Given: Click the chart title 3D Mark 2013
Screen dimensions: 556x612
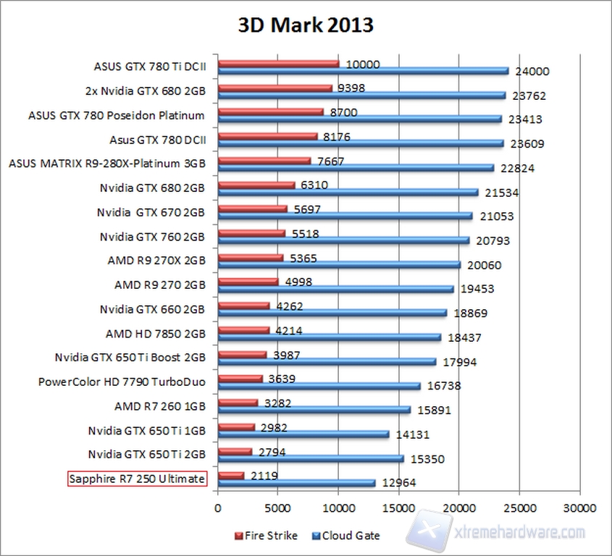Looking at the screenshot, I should (x=306, y=25).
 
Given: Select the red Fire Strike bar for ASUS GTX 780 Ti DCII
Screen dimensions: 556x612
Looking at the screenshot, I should (x=278, y=64).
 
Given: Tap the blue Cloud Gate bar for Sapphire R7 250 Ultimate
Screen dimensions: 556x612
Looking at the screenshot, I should (x=296, y=482).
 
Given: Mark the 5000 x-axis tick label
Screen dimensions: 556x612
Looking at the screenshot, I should (x=277, y=508).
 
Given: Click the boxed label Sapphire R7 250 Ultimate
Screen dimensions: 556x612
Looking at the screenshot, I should (x=137, y=479).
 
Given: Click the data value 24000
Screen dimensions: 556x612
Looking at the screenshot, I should (x=533, y=72).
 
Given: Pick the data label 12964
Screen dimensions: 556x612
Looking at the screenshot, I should (x=397, y=483).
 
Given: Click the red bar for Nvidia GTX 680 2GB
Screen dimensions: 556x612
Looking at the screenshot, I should (x=256, y=185).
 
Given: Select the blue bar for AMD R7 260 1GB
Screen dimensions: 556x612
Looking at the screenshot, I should (x=314, y=409).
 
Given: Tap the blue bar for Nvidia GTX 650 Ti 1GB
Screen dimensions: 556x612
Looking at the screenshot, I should (x=303, y=434).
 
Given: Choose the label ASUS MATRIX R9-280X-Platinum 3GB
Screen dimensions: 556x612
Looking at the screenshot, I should (x=107, y=164).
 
